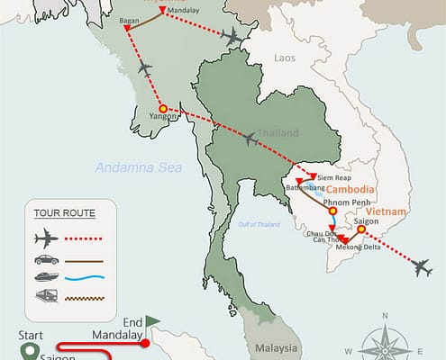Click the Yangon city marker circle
[x=163, y=110]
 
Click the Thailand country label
[x=278, y=133]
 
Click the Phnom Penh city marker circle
[x=332, y=211]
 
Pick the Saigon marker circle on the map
[x=361, y=229]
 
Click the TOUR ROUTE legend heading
[x=63, y=213]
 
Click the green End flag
[x=151, y=319]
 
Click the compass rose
[x=385, y=340]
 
